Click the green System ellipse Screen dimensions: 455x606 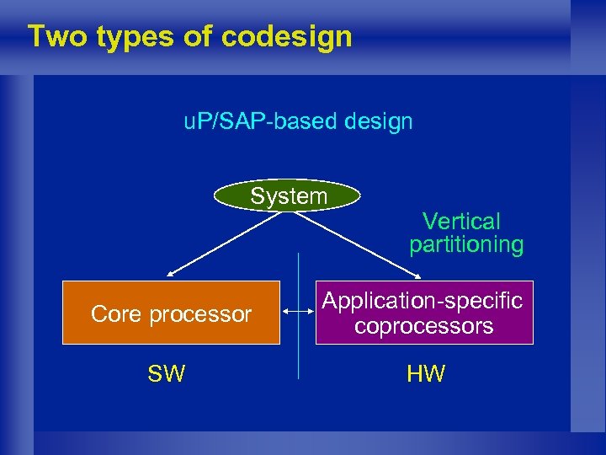[x=288, y=196]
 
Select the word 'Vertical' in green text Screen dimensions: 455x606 [x=461, y=222]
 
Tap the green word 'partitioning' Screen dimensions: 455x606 [x=466, y=244]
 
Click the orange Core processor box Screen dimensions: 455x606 [x=171, y=313]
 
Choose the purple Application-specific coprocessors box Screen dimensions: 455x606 [x=424, y=313]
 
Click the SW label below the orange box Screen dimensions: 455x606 [x=166, y=374]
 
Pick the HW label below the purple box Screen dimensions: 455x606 [x=426, y=374]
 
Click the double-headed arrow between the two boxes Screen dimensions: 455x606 [x=297, y=313]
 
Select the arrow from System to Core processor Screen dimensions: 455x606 [x=227, y=243]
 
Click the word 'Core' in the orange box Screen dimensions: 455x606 [x=117, y=314]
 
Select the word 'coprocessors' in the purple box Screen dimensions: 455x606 [x=423, y=326]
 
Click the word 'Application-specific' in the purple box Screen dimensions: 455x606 [x=423, y=301]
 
